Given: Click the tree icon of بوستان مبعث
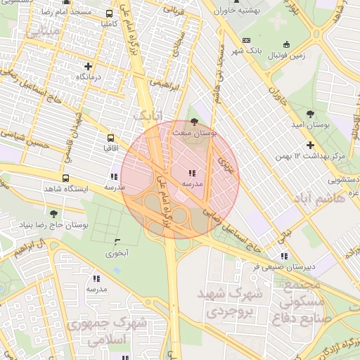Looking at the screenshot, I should (x=194, y=122).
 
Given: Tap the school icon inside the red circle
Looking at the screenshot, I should (x=193, y=173).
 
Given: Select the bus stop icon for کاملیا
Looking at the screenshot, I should (x=109, y=13).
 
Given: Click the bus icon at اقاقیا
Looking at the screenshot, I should (x=110, y=139).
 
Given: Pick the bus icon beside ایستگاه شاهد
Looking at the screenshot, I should (x=65, y=179).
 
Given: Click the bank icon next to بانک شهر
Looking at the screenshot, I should (x=245, y=41).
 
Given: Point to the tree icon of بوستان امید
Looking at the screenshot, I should (x=310, y=112).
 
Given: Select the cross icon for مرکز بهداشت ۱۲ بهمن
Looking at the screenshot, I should (x=309, y=144).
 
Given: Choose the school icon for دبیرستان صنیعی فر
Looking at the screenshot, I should (x=283, y=257).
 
